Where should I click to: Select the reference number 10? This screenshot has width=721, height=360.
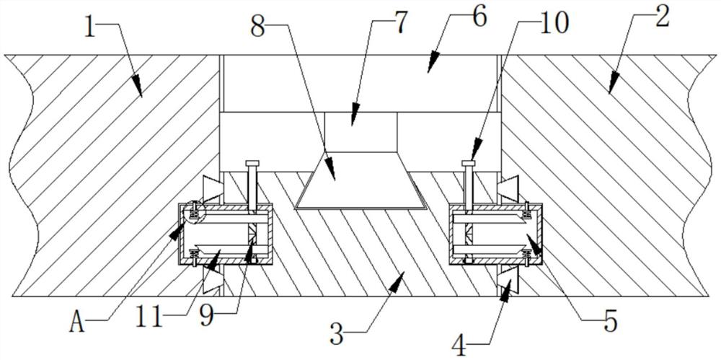click(553, 24)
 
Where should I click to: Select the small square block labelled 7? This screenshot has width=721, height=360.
click(360, 130)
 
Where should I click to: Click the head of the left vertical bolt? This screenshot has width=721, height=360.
click(252, 163)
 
